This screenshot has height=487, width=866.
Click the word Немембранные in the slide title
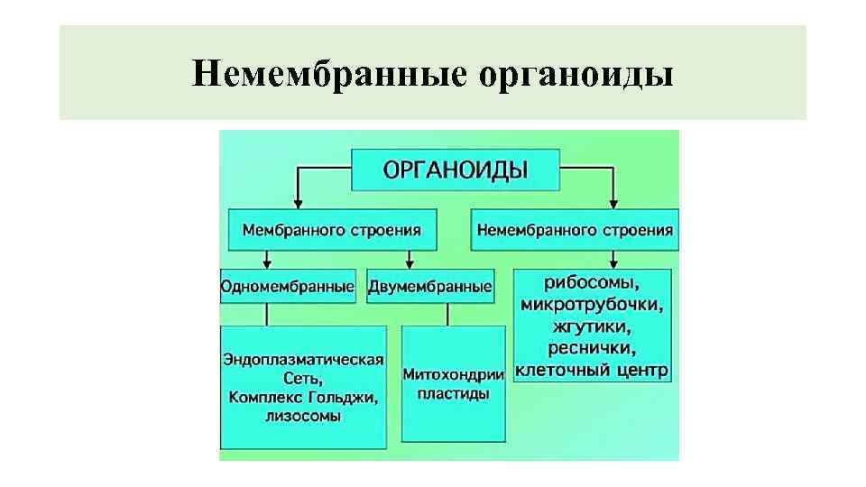click(329, 74)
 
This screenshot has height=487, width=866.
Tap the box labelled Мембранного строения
click(332, 230)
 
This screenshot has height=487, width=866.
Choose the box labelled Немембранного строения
click(575, 230)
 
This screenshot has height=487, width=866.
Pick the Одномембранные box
click(288, 287)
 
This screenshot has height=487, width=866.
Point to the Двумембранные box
click(430, 287)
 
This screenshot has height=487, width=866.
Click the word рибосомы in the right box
click(593, 280)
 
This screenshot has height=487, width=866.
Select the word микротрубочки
click(593, 303)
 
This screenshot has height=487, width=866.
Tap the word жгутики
click(593, 326)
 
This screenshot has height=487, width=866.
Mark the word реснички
click(593, 348)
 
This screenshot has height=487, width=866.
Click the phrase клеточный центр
click(592, 370)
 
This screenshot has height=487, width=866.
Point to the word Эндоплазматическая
click(303, 360)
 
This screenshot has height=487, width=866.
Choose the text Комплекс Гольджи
click(303, 398)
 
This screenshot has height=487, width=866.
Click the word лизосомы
click(303, 417)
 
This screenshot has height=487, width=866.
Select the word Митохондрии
click(453, 374)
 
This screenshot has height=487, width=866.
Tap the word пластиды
click(453, 394)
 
